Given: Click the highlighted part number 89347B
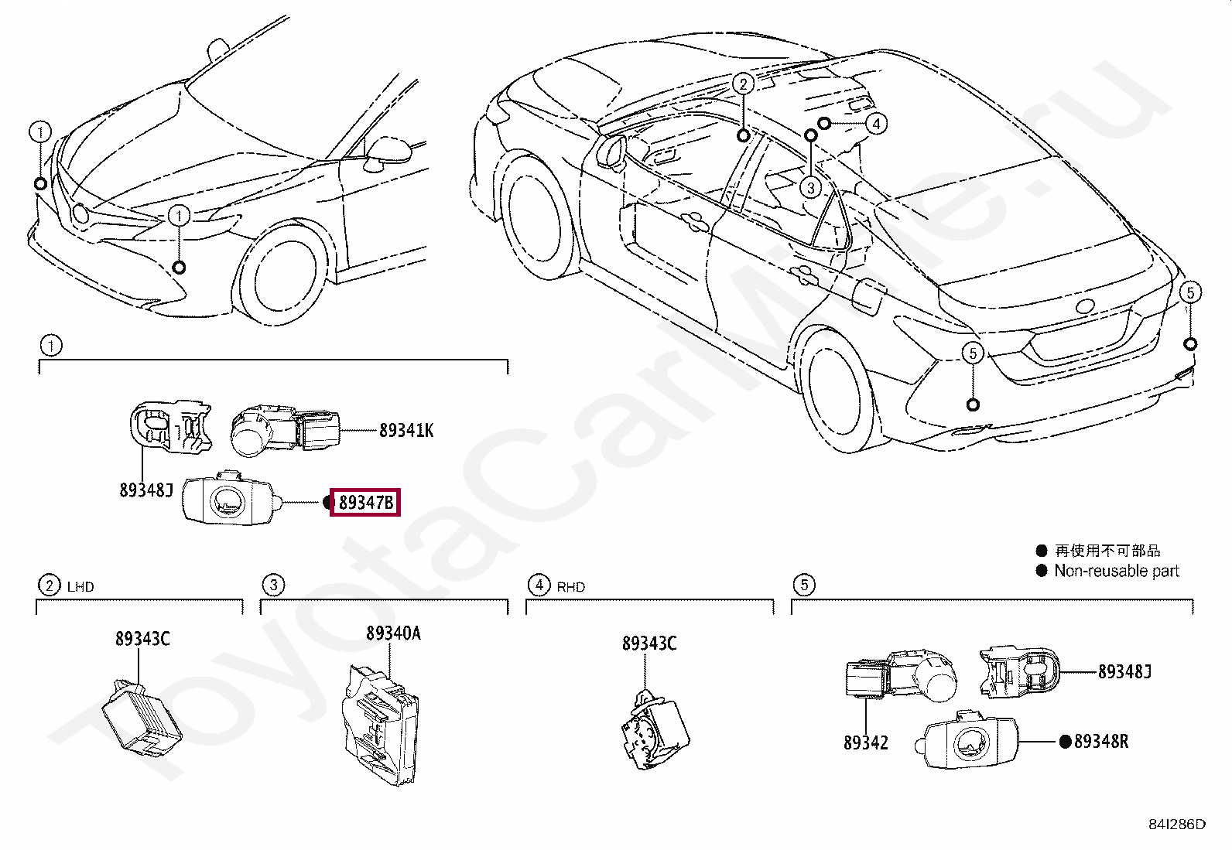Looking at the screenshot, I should [365, 504].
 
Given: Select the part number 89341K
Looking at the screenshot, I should [406, 430].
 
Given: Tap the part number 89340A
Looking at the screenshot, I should [393, 633].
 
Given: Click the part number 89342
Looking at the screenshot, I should [865, 742].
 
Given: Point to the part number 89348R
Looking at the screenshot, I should [1100, 742].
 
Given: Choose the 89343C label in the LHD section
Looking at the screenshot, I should [142, 639].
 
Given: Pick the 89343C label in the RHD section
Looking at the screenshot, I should [649, 643].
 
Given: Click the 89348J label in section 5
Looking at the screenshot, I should [1124, 671].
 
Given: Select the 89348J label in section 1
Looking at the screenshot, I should [145, 490].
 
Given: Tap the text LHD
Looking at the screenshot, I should [80, 587].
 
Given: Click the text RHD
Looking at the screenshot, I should [570, 587].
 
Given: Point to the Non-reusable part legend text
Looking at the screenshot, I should [1116, 572].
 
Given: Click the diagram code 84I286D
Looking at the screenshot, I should [1176, 824].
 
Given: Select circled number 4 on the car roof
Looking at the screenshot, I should [876, 124].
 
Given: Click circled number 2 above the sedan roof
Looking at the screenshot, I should [743, 84].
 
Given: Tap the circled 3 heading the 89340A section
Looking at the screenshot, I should [272, 585].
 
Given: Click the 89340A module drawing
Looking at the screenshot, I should [381, 724].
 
